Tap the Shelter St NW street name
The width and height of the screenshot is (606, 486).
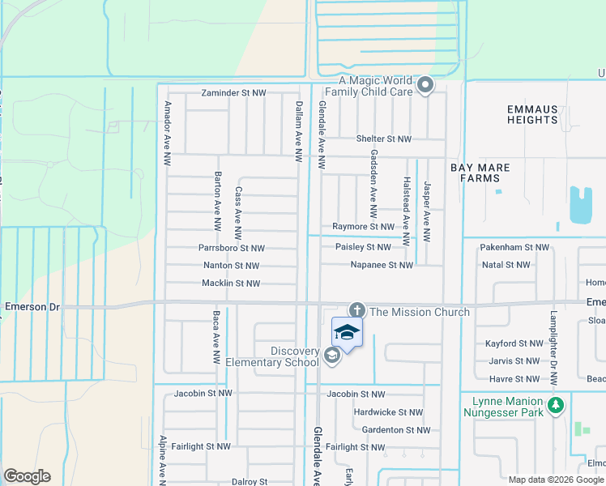pos(384,139)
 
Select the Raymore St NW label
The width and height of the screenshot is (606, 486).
pos(364,228)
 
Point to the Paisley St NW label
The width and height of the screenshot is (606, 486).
pos(362,247)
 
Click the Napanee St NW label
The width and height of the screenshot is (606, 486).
pos(382,265)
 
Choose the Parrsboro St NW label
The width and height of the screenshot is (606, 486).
pos(232,248)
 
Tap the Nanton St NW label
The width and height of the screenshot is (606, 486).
pos(231,266)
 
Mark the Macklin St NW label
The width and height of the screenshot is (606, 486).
pos(231,283)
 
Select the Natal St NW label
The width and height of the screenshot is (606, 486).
pos(506,265)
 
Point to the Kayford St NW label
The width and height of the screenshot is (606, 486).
pos(514,344)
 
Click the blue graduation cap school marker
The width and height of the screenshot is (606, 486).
pos(347,333)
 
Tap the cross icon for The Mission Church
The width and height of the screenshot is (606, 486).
pos(356,310)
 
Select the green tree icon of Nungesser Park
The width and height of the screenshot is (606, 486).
pos(555,404)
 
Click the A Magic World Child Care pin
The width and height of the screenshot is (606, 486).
pos(425,84)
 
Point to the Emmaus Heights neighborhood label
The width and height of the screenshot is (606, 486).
pos(532,114)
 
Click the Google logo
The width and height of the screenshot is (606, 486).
pos(27,476)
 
